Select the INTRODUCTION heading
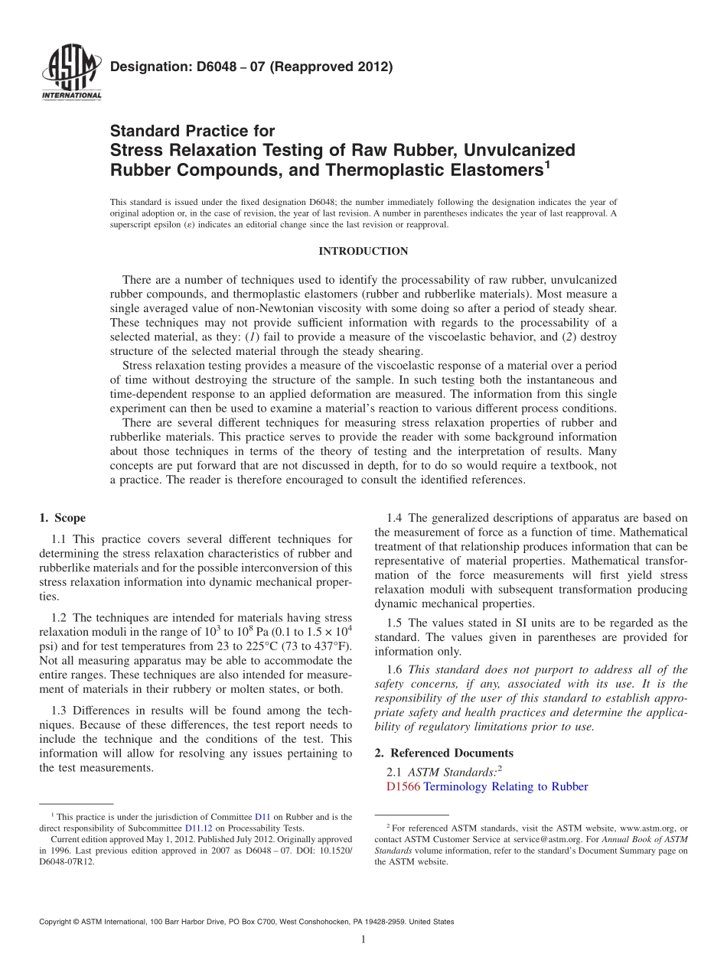click(x=363, y=252)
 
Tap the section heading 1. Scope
click(x=62, y=518)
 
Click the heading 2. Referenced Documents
click(x=444, y=753)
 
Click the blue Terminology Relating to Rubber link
click(x=506, y=786)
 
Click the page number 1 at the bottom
click(x=363, y=940)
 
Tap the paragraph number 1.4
click(x=395, y=519)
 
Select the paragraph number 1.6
click(x=395, y=669)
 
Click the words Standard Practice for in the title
click(x=192, y=131)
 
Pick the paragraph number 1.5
click(x=395, y=623)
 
